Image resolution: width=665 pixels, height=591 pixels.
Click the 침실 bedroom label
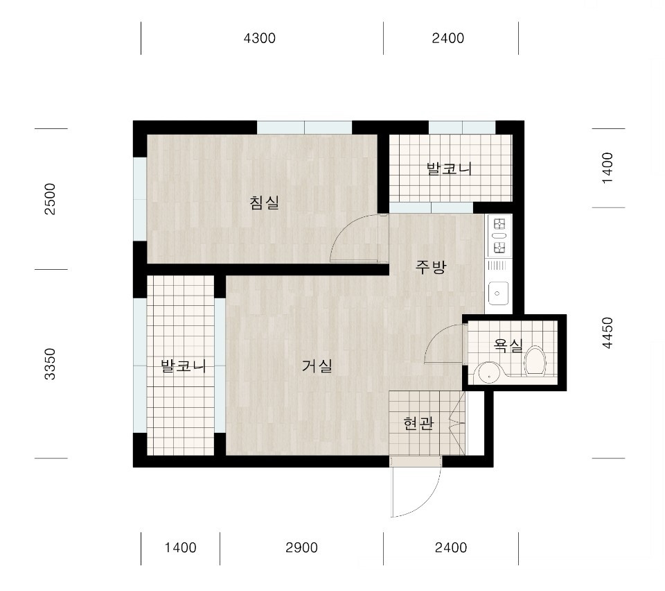(x=265, y=203)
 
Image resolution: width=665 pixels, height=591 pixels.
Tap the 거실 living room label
(x=317, y=365)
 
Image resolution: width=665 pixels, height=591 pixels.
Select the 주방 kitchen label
(x=430, y=266)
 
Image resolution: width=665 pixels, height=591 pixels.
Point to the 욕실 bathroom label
(x=508, y=345)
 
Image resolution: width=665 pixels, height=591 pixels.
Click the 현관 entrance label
(x=418, y=423)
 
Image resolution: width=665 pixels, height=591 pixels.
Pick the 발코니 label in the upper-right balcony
(x=449, y=169)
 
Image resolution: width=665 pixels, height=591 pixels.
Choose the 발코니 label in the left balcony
(x=183, y=366)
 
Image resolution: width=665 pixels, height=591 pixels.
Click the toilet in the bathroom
(x=535, y=361)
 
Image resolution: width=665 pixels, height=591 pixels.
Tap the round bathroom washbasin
(x=490, y=374)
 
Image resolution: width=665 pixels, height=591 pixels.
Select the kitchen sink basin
(x=498, y=293)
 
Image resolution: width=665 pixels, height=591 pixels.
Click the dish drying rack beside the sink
(x=497, y=266)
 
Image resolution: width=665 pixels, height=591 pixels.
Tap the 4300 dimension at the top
(x=260, y=38)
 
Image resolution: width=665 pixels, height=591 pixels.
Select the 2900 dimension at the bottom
(x=301, y=548)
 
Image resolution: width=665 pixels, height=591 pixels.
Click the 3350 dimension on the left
(x=50, y=364)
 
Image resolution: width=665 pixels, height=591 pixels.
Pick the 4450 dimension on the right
(x=608, y=333)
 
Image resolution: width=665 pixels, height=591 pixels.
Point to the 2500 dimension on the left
(x=50, y=199)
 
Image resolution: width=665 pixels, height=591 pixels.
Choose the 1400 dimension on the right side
(x=608, y=168)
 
